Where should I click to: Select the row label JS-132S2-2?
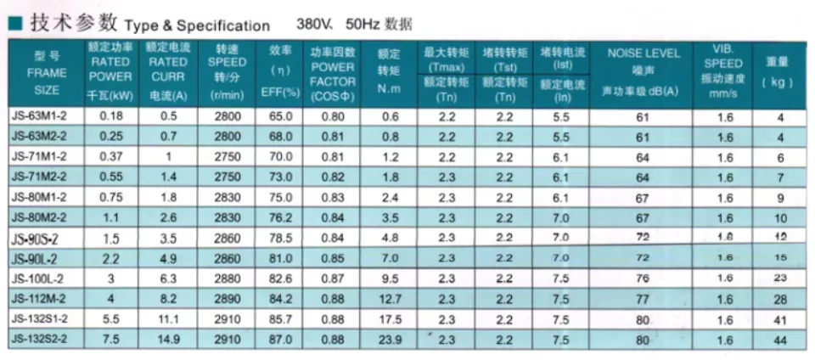coord(42,339)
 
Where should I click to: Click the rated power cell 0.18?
coord(109,115)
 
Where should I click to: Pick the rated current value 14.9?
coord(167,339)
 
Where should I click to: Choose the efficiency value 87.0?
coord(280,339)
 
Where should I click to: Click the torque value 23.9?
coord(390,339)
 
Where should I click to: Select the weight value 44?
coord(780,339)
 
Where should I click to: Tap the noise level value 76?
coord(643,278)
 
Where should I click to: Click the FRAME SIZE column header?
coord(47,73)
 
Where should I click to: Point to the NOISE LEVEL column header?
coord(643,53)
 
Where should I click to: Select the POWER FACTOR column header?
coord(333,73)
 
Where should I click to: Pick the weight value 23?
coord(780,278)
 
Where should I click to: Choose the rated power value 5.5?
coord(109,318)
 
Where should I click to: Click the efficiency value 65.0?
coord(280,115)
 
